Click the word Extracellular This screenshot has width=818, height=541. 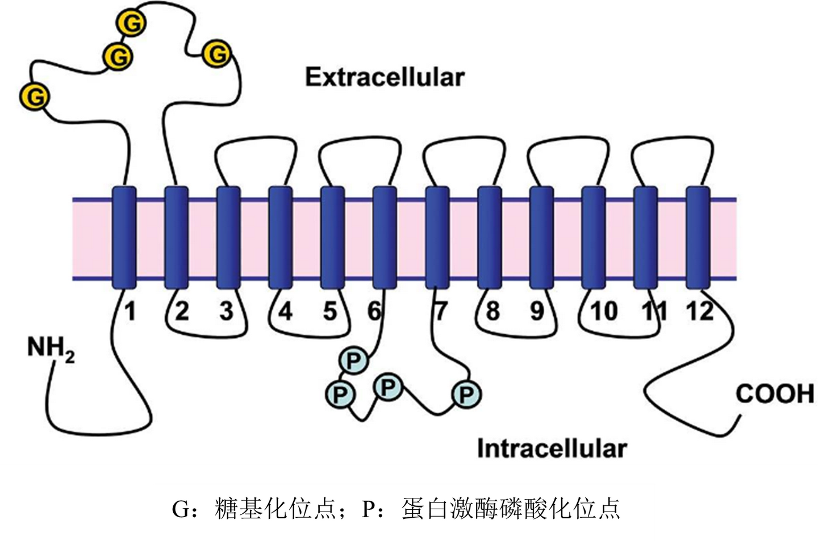(x=385, y=77)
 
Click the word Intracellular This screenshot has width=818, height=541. (x=552, y=448)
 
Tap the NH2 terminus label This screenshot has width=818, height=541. (x=50, y=347)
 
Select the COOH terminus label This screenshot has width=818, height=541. (x=774, y=394)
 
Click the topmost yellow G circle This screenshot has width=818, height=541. (x=131, y=23)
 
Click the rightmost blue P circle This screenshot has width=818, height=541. (x=466, y=394)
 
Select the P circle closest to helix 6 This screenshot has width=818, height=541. (x=353, y=360)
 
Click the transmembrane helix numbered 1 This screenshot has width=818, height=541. (x=124, y=237)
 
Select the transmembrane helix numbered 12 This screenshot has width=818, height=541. (x=698, y=237)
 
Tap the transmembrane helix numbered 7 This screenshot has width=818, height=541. (x=437, y=237)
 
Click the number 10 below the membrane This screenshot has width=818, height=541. (x=603, y=311)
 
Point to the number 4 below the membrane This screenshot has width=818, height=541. (x=285, y=311)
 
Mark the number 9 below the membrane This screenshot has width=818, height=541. (x=537, y=311)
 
